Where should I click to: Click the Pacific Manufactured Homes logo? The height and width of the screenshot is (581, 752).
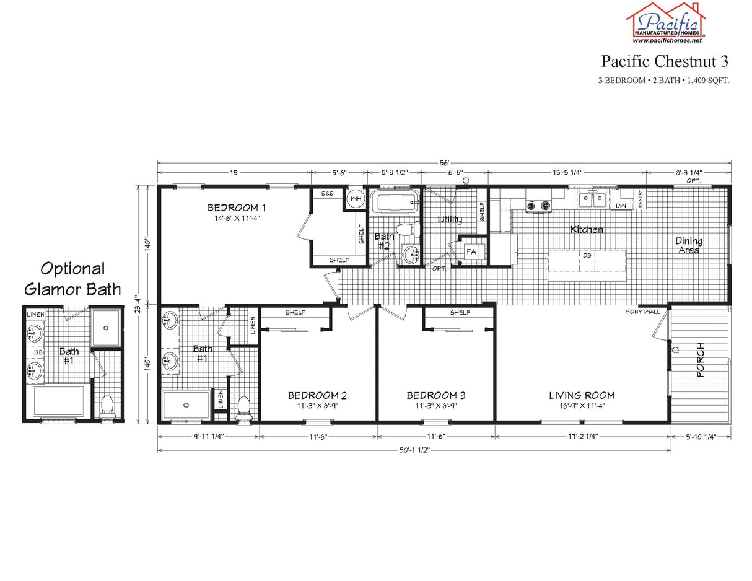click(667, 22)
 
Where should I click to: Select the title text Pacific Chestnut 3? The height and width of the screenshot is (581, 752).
click(664, 61)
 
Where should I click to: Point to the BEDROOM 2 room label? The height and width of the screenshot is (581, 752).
click(317, 395)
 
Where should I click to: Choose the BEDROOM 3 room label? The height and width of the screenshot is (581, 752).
click(436, 395)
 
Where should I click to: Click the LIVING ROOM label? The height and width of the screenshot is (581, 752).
click(582, 395)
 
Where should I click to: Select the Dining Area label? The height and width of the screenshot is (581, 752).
click(689, 245)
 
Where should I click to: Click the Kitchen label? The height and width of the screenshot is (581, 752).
click(587, 230)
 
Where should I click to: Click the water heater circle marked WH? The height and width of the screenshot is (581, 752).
click(356, 198)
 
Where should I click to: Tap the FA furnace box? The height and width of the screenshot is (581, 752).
click(471, 252)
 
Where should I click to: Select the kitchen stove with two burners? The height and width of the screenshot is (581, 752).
click(538, 206)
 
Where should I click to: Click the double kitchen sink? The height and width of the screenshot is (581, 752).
click(593, 199)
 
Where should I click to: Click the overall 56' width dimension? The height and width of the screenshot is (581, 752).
click(444, 163)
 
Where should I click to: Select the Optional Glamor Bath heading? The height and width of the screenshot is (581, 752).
click(72, 279)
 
